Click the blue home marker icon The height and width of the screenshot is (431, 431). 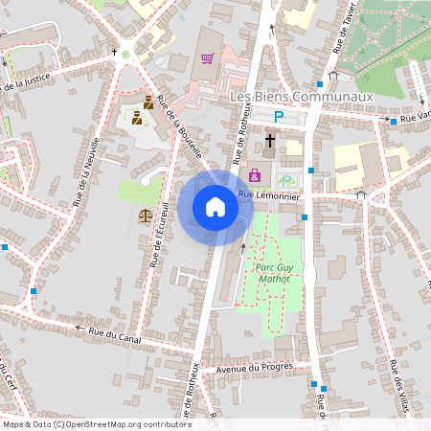[x=215, y=207]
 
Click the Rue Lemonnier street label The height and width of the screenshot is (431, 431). [x=270, y=195]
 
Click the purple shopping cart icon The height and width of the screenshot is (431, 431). [x=207, y=58]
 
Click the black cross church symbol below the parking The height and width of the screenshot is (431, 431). [x=269, y=141]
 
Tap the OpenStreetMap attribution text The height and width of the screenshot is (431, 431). [x=96, y=424]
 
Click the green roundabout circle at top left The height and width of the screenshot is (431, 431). [x=125, y=55]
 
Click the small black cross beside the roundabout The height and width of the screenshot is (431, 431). [x=114, y=51]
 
